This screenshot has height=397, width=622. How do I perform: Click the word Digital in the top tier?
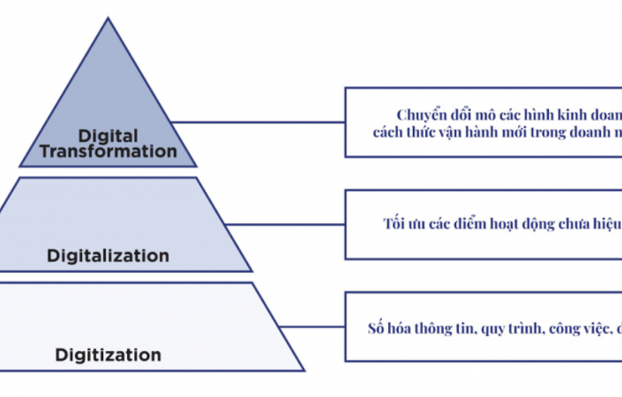point(110,136)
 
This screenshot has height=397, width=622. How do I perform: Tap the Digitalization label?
point(108,256)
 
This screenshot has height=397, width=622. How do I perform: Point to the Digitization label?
point(109,356)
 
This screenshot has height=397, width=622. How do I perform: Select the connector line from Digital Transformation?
point(256,122)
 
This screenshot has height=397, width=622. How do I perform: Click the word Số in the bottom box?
point(378,328)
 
